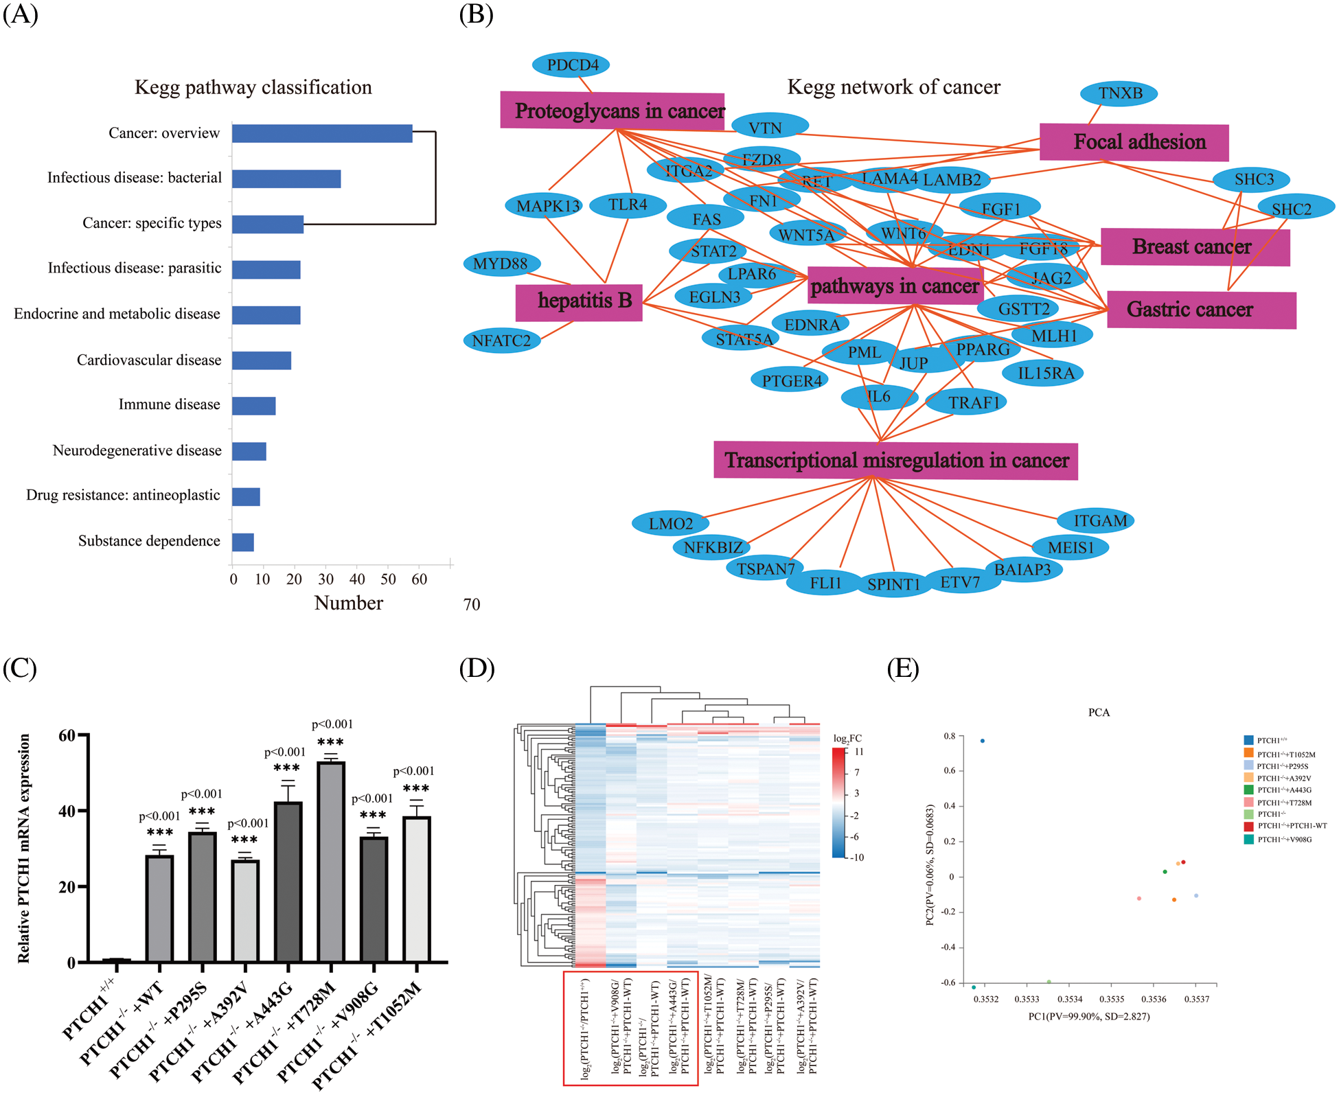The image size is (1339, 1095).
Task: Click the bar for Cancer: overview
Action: point(321,133)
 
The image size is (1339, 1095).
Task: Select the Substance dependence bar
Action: point(243,542)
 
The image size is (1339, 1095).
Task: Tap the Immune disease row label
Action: point(169,404)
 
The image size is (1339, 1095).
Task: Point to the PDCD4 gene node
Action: point(571,65)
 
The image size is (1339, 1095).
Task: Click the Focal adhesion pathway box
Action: point(1134,142)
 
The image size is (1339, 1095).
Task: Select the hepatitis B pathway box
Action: point(579,301)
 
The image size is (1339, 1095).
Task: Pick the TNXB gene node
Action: point(1119,93)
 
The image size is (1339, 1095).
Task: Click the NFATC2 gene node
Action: point(501,341)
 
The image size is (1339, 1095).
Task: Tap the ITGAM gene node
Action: point(1095,521)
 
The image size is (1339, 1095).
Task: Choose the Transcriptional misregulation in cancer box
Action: point(895,460)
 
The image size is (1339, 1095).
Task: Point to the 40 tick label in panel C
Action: point(67,811)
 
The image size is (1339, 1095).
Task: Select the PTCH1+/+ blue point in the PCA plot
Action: point(983,741)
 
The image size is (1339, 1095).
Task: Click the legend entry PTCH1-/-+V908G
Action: point(1284,839)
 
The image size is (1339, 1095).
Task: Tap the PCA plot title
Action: point(1099,713)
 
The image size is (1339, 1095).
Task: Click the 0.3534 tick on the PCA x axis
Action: point(1070,999)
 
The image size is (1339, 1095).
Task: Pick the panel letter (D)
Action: point(477,668)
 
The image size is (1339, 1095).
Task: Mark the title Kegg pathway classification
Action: point(253,87)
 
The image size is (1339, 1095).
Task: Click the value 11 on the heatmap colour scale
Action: point(859,752)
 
